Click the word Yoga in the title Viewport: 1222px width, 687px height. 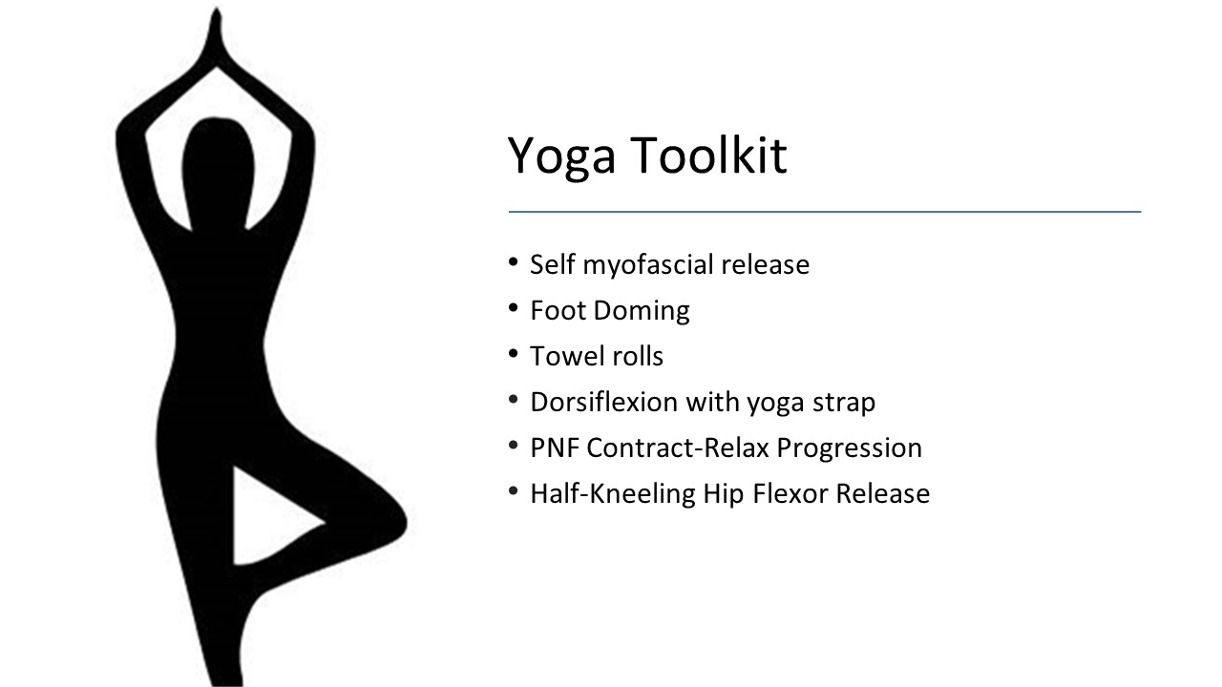click(561, 157)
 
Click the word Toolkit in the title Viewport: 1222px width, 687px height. click(709, 155)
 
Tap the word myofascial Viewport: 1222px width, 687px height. click(648, 266)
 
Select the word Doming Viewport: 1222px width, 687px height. click(642, 311)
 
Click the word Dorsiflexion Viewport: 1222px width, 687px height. click(604, 402)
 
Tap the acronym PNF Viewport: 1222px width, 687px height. click(555, 448)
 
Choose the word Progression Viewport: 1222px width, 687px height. click(849, 449)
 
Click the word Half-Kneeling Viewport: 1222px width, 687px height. click(613, 494)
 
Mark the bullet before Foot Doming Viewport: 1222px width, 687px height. click(513, 308)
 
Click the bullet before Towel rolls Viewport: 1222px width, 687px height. click(513, 354)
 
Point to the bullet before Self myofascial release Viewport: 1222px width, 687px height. click(513, 262)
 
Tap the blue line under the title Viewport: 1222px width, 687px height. click(825, 212)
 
